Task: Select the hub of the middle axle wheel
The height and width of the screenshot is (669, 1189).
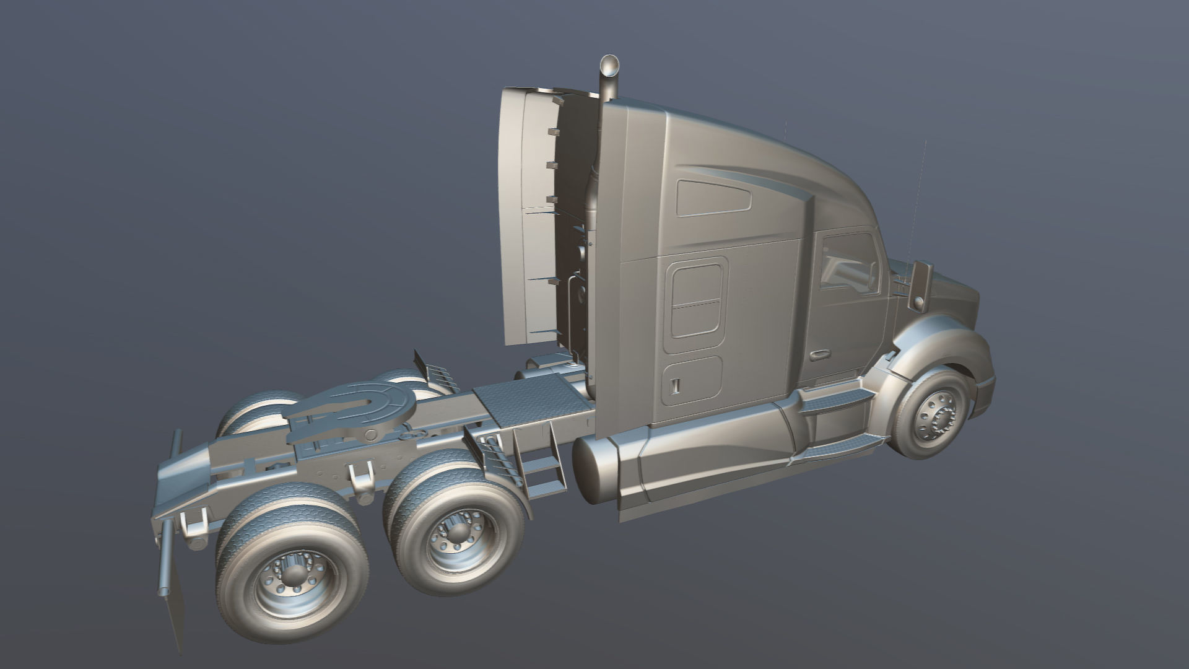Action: [x=456, y=536]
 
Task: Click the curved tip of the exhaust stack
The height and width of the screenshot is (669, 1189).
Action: [x=610, y=64]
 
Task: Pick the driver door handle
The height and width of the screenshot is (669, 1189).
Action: [x=821, y=355]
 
